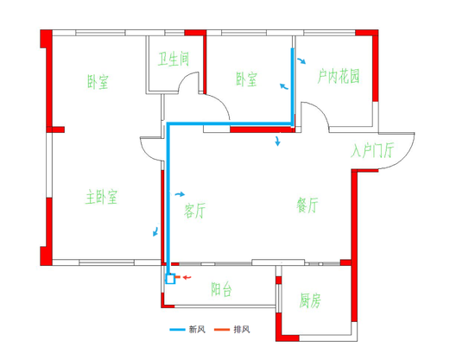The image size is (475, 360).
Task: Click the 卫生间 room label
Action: [174, 59]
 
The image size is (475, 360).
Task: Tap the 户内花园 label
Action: [339, 76]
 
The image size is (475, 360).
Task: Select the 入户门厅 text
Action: [372, 150]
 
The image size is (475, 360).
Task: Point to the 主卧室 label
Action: [101, 197]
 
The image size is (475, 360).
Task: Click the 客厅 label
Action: [194, 211]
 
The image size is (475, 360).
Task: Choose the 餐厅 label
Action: [307, 205]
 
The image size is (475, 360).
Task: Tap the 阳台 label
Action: [221, 289]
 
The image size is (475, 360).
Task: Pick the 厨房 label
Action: [310, 300]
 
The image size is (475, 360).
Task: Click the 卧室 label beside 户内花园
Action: [246, 79]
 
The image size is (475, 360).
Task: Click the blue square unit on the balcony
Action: [170, 279]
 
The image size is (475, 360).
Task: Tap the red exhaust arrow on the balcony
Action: [187, 277]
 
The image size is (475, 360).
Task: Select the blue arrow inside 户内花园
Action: [301, 60]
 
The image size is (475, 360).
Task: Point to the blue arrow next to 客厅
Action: [180, 194]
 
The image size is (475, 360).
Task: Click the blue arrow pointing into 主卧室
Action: [155, 231]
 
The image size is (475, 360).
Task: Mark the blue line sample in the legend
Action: [177, 330]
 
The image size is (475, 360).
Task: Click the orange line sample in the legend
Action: [222, 330]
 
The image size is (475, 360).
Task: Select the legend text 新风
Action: [197, 329]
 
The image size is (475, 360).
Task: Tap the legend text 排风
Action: [242, 329]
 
